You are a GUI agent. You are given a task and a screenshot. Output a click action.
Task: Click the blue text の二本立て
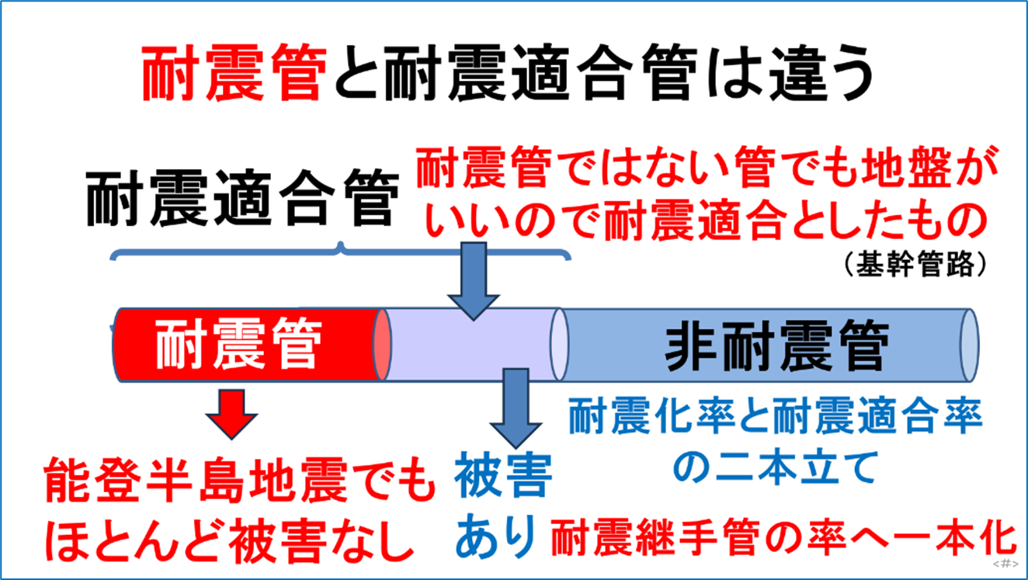click(775, 467)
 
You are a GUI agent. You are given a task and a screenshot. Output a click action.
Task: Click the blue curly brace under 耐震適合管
click(342, 252)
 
